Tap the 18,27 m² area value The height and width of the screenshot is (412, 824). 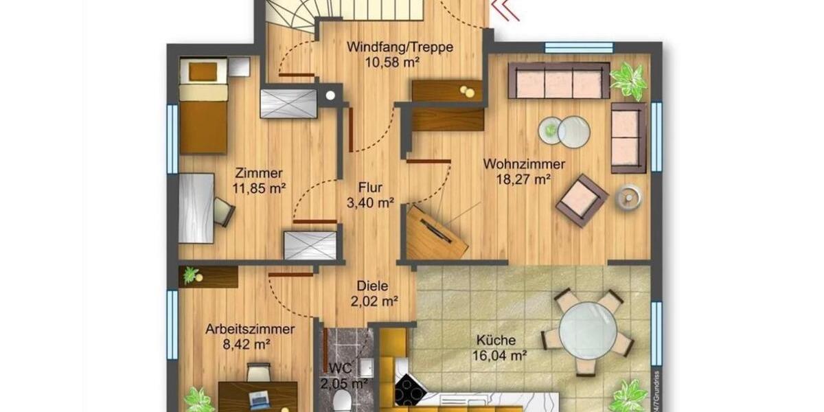[524, 179]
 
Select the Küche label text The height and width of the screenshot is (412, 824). [499, 340]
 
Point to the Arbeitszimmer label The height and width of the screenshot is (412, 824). [250, 329]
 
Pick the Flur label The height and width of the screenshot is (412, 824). [369, 187]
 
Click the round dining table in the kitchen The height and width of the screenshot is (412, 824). [587, 330]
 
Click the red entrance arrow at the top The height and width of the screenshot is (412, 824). [506, 10]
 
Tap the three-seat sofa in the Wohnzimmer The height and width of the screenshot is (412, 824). [559, 81]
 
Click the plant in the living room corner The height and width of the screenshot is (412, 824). [628, 80]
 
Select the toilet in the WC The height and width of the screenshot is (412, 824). [341, 402]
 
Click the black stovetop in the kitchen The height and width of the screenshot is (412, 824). [409, 391]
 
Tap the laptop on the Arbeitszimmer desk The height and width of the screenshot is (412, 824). [260, 398]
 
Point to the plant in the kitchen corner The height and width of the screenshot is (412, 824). [628, 396]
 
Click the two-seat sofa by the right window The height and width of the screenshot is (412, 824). [628, 137]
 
